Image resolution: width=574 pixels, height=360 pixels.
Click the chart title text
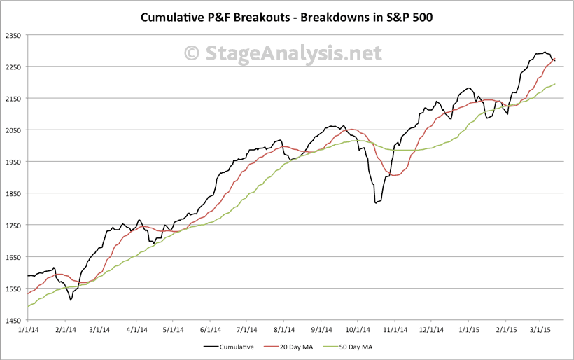[x=287, y=16]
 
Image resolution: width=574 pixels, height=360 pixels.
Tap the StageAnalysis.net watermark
[x=283, y=53]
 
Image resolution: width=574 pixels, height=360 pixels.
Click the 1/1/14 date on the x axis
[x=27, y=329]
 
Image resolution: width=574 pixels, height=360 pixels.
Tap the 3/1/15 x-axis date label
[x=540, y=329]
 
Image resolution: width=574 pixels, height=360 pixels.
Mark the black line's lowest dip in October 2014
[x=376, y=202]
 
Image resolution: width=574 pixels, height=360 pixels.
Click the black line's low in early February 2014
[x=71, y=300]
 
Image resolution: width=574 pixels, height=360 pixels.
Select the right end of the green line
[x=556, y=84]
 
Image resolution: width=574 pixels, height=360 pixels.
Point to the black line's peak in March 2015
[x=545, y=52]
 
